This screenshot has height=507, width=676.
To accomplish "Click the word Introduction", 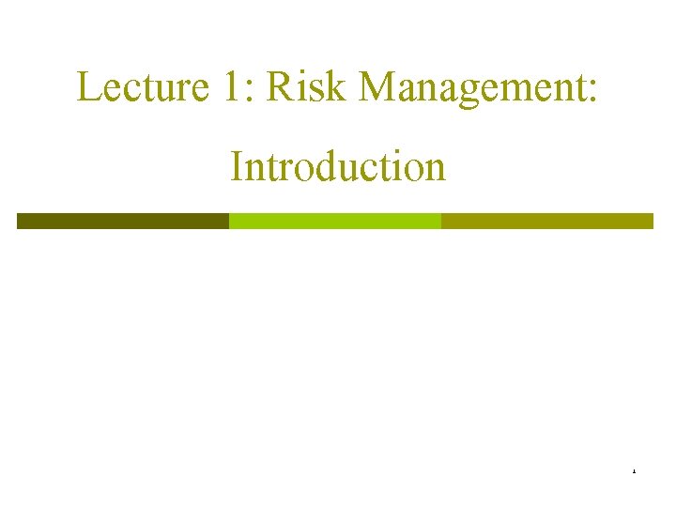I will (337, 167).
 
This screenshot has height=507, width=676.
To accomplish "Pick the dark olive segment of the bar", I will (123, 221).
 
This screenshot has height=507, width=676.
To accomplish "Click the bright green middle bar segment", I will (335, 221).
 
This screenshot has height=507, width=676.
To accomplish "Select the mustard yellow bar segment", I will (547, 221).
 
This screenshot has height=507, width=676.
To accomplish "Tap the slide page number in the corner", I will (634, 470).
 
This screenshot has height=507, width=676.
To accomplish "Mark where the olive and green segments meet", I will (229, 221).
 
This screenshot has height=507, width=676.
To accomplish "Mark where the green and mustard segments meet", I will (441, 221).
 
